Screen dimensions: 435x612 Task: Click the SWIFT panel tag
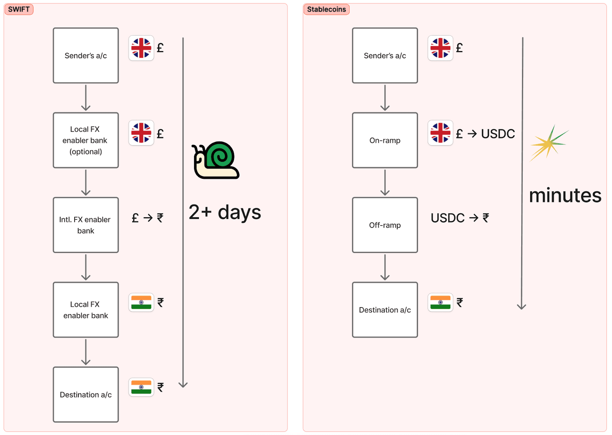pyautogui.click(x=19, y=9)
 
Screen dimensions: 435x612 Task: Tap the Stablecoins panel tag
pyautogui.click(x=326, y=9)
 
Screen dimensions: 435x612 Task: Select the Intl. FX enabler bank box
pyautogui.click(x=86, y=225)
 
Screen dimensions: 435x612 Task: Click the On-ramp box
pyautogui.click(x=385, y=140)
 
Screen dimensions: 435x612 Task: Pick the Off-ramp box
pyautogui.click(x=385, y=225)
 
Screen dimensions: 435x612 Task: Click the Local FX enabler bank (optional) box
pyautogui.click(x=86, y=140)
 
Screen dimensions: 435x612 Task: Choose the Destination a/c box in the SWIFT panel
pyautogui.click(x=86, y=395)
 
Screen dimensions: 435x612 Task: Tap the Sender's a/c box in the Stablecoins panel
pyautogui.click(x=385, y=55)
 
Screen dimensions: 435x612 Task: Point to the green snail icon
pyautogui.click(x=216, y=160)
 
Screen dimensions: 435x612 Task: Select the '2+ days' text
pyautogui.click(x=225, y=212)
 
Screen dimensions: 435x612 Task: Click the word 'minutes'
pyautogui.click(x=565, y=195)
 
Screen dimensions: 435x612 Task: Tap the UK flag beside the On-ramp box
pyautogui.click(x=440, y=133)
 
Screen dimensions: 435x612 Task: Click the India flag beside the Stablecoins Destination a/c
pyautogui.click(x=440, y=302)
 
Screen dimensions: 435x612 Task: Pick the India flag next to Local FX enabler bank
pyautogui.click(x=141, y=302)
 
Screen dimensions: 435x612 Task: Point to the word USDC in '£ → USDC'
pyautogui.click(x=498, y=134)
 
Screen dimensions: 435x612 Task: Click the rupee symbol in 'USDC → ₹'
pyautogui.click(x=486, y=218)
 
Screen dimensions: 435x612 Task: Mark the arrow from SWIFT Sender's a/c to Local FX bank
pyautogui.click(x=86, y=98)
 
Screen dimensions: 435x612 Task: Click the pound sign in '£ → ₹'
pyautogui.click(x=135, y=218)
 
